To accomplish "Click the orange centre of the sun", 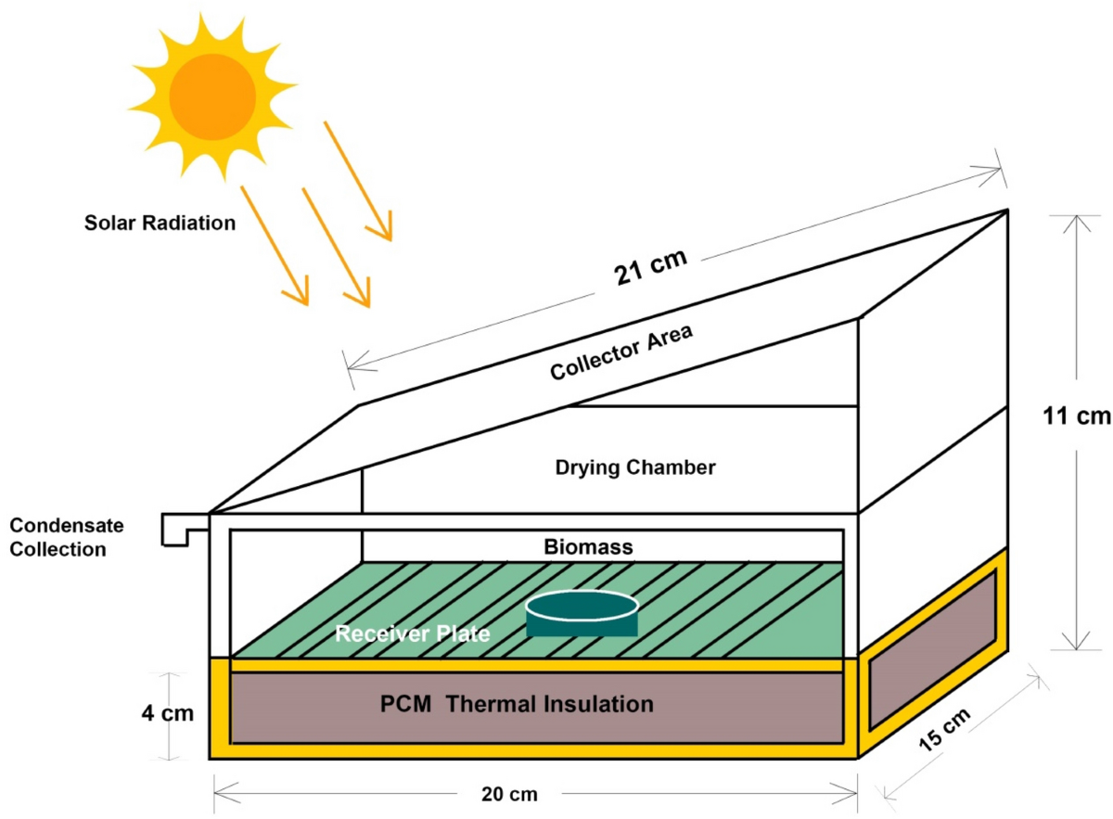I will coord(212,90).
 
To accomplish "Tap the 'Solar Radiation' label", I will coord(160,224).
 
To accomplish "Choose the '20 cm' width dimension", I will coord(509,794).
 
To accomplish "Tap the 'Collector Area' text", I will coord(621,352).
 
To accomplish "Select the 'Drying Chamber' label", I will coord(635,467).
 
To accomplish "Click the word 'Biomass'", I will coord(590,547).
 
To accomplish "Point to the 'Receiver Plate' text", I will coord(412,635).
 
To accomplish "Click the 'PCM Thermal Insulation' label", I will coord(517,704).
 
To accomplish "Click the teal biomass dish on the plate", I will coord(582,613).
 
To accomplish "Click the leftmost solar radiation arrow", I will coord(275,247).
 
